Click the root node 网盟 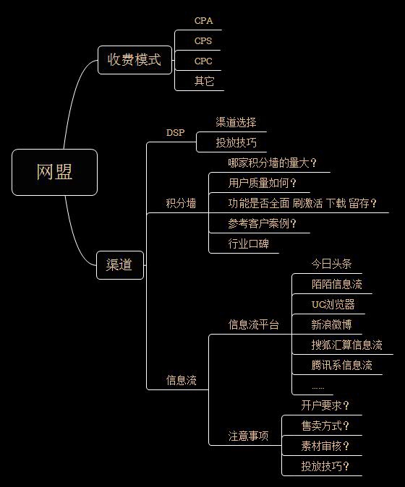pyautogui.click(x=54, y=172)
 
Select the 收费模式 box pyautogui.click(x=134, y=59)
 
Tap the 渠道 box pyautogui.click(x=119, y=264)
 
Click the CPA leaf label pyautogui.click(x=203, y=21)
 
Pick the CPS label pyautogui.click(x=203, y=41)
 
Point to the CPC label pyautogui.click(x=203, y=61)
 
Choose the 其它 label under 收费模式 pyautogui.click(x=204, y=81)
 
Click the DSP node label pyautogui.click(x=176, y=132)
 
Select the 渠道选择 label pyautogui.click(x=236, y=122)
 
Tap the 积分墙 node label pyautogui.click(x=181, y=203)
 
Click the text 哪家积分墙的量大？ pyautogui.click(x=272, y=163)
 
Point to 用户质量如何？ pyautogui.click(x=263, y=183)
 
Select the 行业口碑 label pyautogui.click(x=248, y=243)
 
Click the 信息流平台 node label pyautogui.click(x=253, y=324)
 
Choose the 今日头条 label pyautogui.click(x=331, y=264)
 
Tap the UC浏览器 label pyautogui.click(x=333, y=304)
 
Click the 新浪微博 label pyautogui.click(x=331, y=324)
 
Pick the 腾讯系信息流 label pyautogui.click(x=341, y=365)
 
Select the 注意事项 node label pyautogui.click(x=248, y=436)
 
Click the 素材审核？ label pyautogui.click(x=325, y=446)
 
